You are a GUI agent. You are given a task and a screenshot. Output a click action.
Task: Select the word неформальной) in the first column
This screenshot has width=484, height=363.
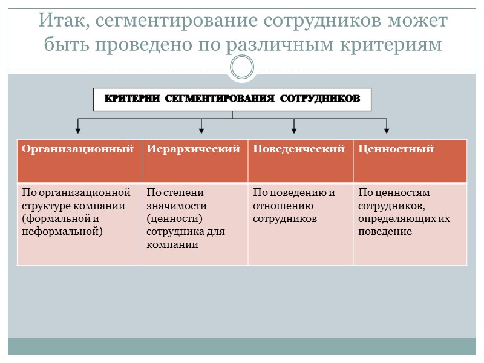click(x=62, y=231)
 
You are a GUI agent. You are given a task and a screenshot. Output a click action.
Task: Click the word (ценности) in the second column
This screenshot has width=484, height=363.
click(x=174, y=219)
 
